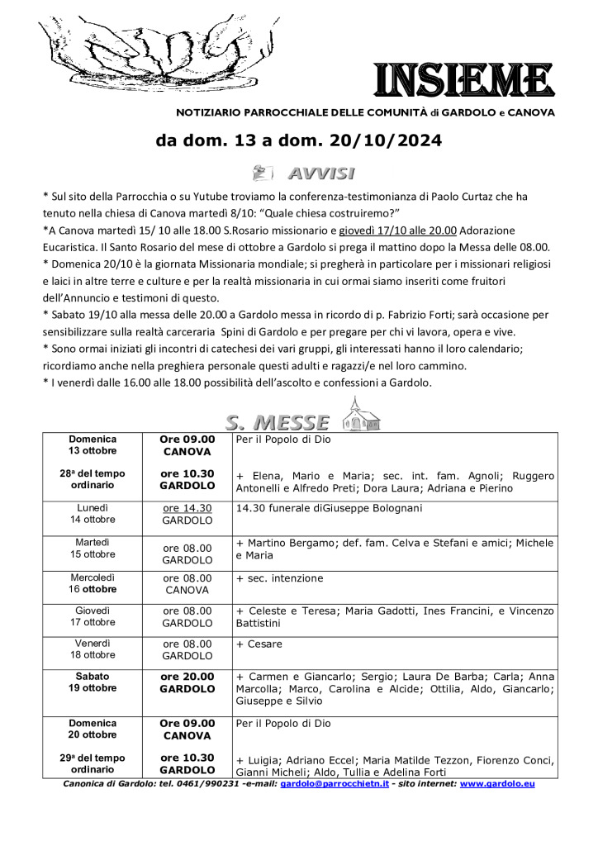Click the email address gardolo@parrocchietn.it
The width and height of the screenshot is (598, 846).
(x=335, y=783)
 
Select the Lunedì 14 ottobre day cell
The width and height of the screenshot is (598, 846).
(x=93, y=513)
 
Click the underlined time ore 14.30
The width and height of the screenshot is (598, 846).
(x=187, y=508)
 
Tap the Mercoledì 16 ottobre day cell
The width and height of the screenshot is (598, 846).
(x=93, y=584)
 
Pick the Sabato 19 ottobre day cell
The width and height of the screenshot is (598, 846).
(x=93, y=682)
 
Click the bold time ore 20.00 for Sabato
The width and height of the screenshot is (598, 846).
(x=187, y=676)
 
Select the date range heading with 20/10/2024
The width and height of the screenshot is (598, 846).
(x=299, y=141)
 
